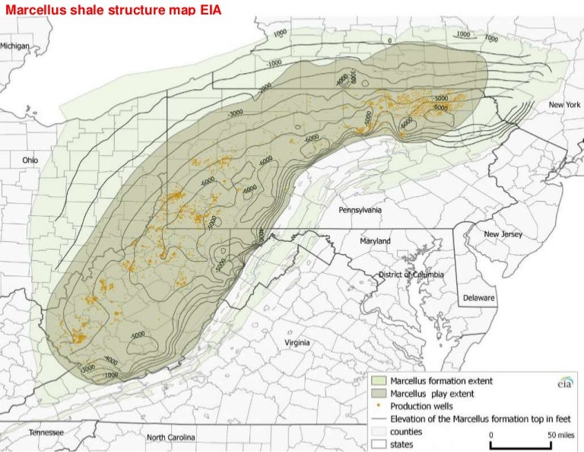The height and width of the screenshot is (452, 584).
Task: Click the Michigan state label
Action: pyautogui.click(x=15, y=46)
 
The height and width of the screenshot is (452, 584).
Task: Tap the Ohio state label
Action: pyautogui.click(x=30, y=161)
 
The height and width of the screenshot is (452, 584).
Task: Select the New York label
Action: pyautogui.click(x=563, y=103)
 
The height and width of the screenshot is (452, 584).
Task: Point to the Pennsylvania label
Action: pyautogui.click(x=360, y=209)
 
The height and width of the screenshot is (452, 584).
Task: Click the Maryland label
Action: pyautogui.click(x=375, y=240)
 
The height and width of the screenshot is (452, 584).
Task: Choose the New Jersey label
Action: pyautogui.click(x=503, y=234)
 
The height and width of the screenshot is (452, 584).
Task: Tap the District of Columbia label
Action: pyautogui.click(x=411, y=274)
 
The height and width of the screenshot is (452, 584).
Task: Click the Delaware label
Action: pyautogui.click(x=479, y=298)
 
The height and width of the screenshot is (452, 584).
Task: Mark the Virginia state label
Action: pyautogui.click(x=297, y=342)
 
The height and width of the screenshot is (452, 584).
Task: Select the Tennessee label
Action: pyautogui.click(x=46, y=432)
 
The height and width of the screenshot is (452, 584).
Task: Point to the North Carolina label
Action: pyautogui.click(x=171, y=437)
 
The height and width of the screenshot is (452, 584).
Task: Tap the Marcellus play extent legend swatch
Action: pyautogui.click(x=379, y=394)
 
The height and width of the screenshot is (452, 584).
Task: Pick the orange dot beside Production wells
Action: pyautogui.click(x=379, y=406)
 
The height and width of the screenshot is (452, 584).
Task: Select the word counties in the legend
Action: pyautogui.click(x=406, y=431)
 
